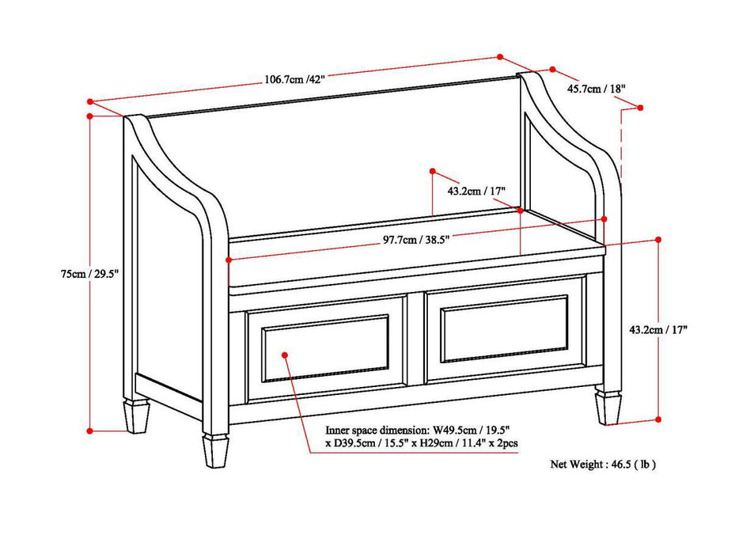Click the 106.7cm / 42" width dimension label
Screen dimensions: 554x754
click(x=294, y=78)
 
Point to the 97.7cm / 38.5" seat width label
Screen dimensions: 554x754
click(x=411, y=239)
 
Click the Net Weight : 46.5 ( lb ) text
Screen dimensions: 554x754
click(x=603, y=465)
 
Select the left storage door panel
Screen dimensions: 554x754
click(x=326, y=346)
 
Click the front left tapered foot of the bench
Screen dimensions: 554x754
click(x=214, y=452)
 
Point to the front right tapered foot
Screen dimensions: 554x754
click(x=608, y=408)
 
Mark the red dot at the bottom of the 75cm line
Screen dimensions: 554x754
click(x=90, y=431)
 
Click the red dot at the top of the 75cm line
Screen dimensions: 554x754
click(x=90, y=116)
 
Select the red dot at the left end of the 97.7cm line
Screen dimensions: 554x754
click(x=229, y=260)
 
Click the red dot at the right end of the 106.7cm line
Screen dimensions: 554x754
click(x=500, y=56)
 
